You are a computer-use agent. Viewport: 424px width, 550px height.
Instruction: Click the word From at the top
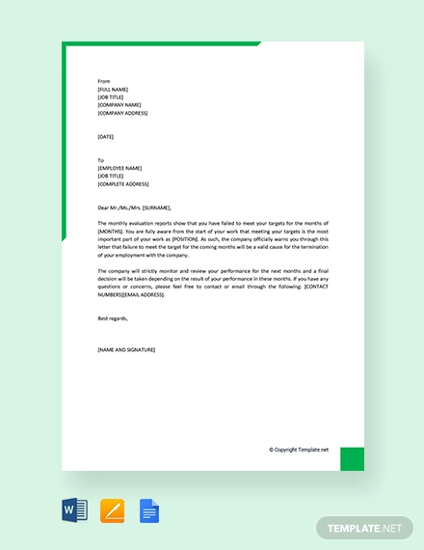pyautogui.click(x=104, y=81)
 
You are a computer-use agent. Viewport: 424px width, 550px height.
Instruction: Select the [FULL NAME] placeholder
pyautogui.click(x=113, y=89)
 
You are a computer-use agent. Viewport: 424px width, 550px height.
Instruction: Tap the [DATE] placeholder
pyautogui.click(x=106, y=137)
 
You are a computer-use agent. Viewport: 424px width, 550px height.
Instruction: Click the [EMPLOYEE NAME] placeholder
pyautogui.click(x=119, y=168)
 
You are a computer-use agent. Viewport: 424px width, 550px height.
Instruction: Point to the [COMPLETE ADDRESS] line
pyautogui.click(x=123, y=183)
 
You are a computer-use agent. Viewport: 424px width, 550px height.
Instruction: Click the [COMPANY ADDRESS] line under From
pyautogui.click(x=122, y=113)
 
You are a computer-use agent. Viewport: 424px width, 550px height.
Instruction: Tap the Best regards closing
pyautogui.click(x=113, y=317)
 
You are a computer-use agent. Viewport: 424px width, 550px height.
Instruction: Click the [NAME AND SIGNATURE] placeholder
pyautogui.click(x=126, y=349)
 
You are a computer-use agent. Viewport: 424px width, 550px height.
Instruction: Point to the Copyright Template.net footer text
pyautogui.click(x=298, y=450)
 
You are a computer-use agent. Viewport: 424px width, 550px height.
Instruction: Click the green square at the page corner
pyautogui.click(x=352, y=458)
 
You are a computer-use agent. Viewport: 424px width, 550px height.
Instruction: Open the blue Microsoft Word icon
pyautogui.click(x=74, y=509)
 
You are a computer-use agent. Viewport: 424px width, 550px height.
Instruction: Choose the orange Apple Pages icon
pyautogui.click(x=112, y=509)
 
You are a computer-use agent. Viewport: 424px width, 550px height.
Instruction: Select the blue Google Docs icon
pyautogui.click(x=148, y=509)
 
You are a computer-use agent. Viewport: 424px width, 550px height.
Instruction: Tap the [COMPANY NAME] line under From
pyautogui.click(x=119, y=105)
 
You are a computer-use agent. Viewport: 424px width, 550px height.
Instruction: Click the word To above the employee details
pyautogui.click(x=101, y=160)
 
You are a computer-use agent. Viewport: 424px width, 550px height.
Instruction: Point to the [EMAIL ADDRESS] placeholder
pyautogui.click(x=141, y=294)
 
